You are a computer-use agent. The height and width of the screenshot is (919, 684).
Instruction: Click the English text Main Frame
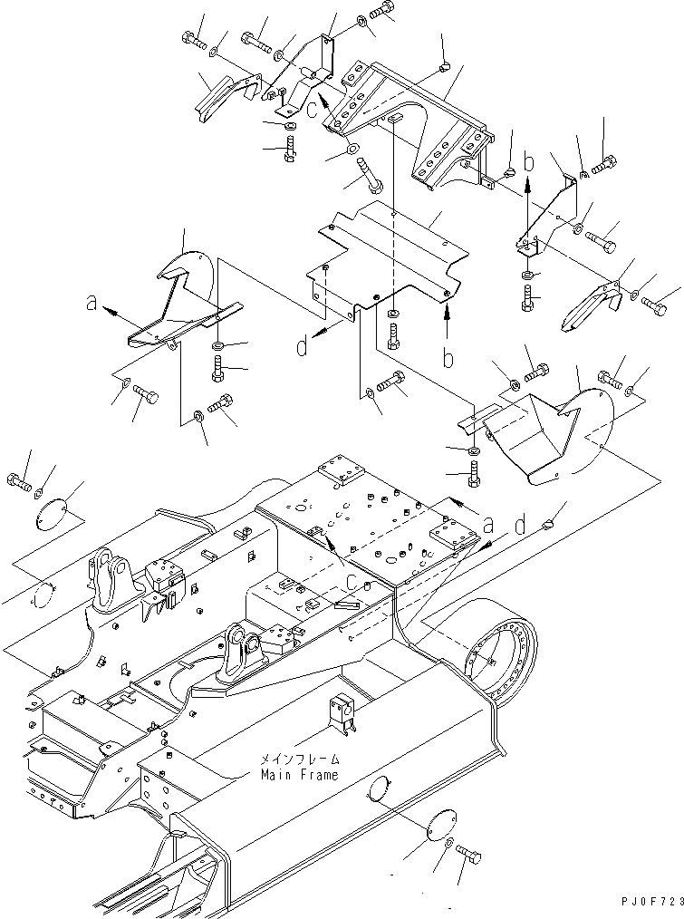pos(300,775)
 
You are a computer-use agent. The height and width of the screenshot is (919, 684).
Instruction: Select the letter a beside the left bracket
pos(92,305)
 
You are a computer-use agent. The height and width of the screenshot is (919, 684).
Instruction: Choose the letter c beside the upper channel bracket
pos(311,111)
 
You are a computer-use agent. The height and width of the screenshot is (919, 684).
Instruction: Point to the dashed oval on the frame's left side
pos(40,599)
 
